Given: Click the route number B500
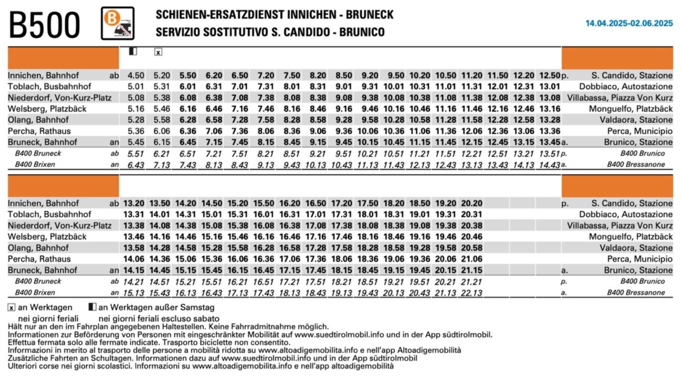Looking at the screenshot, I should [x=44, y=25].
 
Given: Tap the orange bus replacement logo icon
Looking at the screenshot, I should [x=117, y=23].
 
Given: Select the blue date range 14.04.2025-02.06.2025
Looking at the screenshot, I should [x=629, y=23].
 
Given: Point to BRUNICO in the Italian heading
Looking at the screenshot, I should [x=362, y=32].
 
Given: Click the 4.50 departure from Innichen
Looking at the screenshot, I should [x=136, y=75].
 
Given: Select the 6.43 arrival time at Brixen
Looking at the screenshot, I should [x=136, y=165].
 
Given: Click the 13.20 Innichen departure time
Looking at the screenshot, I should [x=134, y=203].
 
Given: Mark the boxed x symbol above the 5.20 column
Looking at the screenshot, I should [x=158, y=52].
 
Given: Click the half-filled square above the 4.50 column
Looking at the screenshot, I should [x=133, y=51].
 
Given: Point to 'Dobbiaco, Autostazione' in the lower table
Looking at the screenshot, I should [x=626, y=214].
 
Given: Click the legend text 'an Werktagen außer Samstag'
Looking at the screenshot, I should [x=156, y=307].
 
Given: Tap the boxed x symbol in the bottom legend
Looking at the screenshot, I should [x=11, y=307].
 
